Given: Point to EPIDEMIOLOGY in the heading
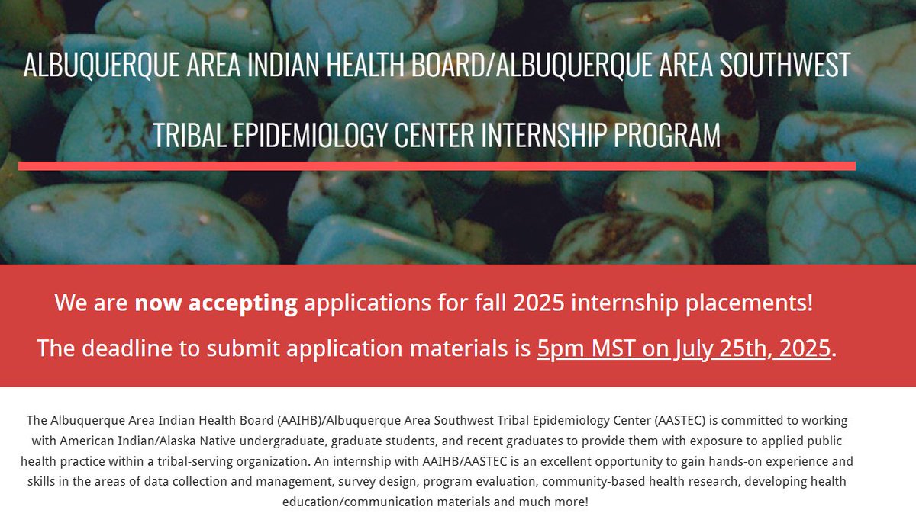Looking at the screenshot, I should tap(308, 136).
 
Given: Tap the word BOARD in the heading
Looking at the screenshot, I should tap(448, 66).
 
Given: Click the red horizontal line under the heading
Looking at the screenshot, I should tap(437, 165).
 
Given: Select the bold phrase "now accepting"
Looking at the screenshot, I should tap(216, 303).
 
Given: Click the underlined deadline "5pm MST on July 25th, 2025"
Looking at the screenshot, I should tap(683, 348).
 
